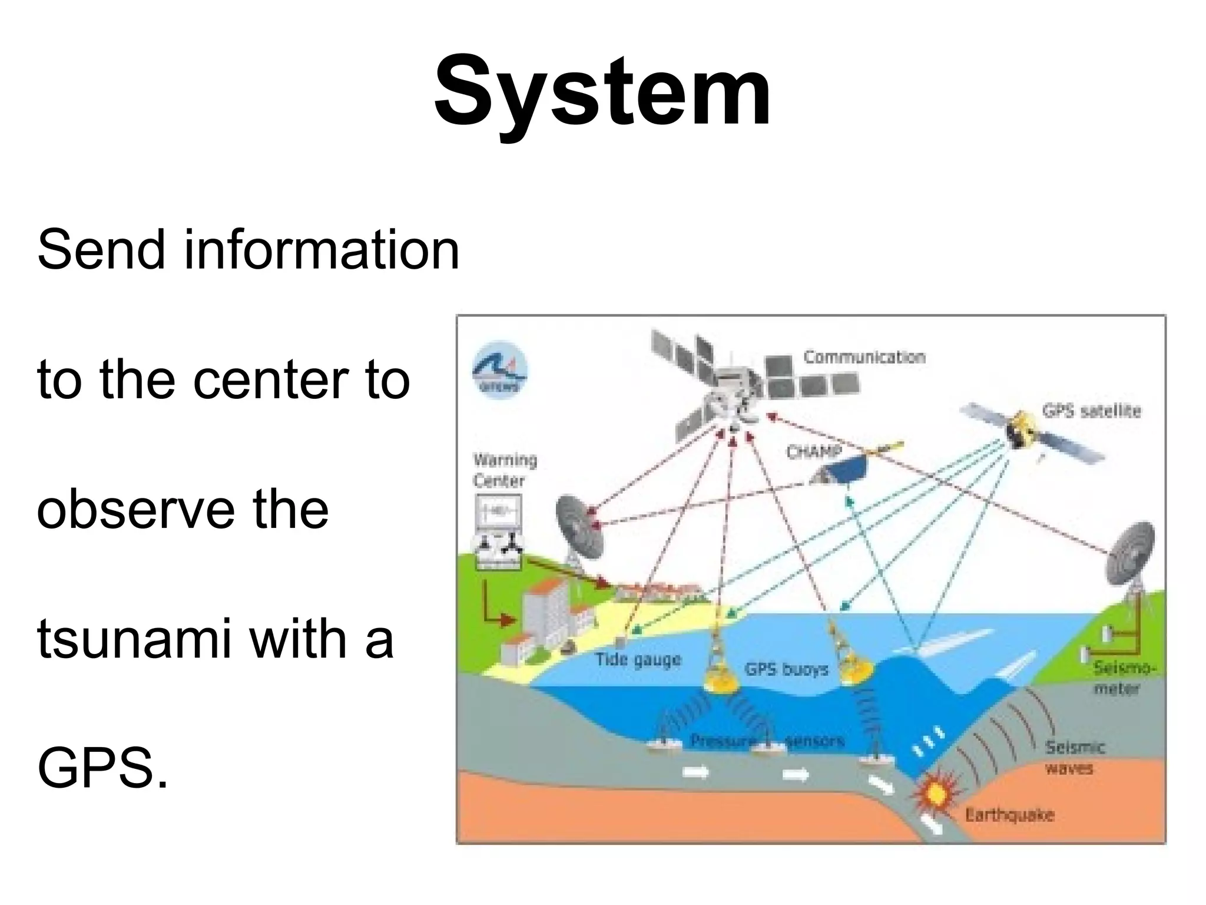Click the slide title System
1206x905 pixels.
[x=602, y=91]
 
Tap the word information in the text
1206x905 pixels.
[x=322, y=250]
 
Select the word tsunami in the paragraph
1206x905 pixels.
[x=132, y=639]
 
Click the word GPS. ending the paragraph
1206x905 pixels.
[x=102, y=768]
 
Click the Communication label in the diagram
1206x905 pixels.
[x=864, y=357]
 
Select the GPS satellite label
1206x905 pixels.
[x=1091, y=411]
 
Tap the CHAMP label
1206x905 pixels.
[x=813, y=452]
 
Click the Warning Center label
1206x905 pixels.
[x=504, y=470]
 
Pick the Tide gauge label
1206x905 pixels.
[x=638, y=659]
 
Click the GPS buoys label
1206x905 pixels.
[x=786, y=669]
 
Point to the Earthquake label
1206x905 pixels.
[x=1009, y=815]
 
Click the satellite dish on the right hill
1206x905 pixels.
[x=1131, y=554]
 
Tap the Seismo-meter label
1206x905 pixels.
[x=1124, y=678]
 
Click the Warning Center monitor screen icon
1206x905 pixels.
[x=498, y=511]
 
